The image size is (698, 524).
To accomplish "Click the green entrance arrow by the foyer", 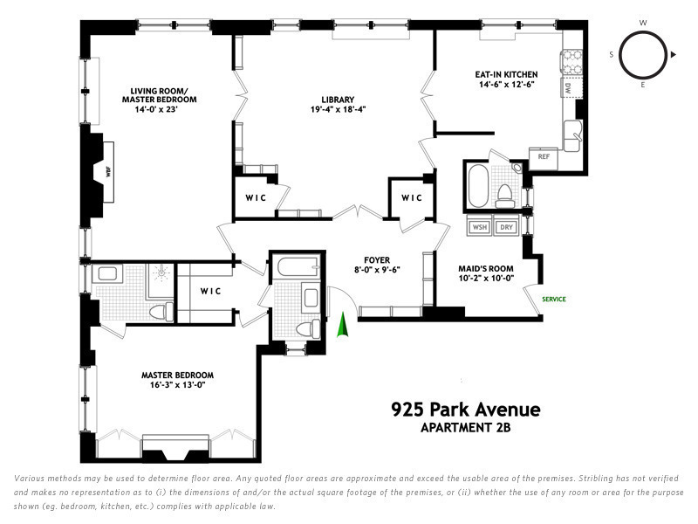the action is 342,325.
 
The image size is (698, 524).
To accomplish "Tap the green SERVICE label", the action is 554,299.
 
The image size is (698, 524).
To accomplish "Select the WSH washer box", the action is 479,227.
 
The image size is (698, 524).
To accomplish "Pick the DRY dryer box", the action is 506,227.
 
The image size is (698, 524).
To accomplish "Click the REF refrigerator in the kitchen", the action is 544,157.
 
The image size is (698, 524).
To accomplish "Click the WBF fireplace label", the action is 108,172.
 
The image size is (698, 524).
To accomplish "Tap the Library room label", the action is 338,100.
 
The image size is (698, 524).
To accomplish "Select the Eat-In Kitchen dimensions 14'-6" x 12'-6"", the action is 506,84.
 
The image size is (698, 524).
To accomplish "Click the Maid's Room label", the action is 486,269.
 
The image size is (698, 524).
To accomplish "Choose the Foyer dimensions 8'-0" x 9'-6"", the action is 377,270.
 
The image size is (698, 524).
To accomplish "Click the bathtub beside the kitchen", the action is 477,186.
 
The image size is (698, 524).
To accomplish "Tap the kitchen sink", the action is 572,135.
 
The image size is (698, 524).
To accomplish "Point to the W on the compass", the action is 643,23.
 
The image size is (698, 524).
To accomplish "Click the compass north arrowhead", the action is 673,55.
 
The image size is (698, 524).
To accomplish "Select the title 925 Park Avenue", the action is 466,410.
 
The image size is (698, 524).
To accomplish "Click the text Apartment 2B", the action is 466,428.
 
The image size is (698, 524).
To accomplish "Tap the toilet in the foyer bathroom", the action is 308,329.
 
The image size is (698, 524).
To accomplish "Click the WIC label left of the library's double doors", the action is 256,198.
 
